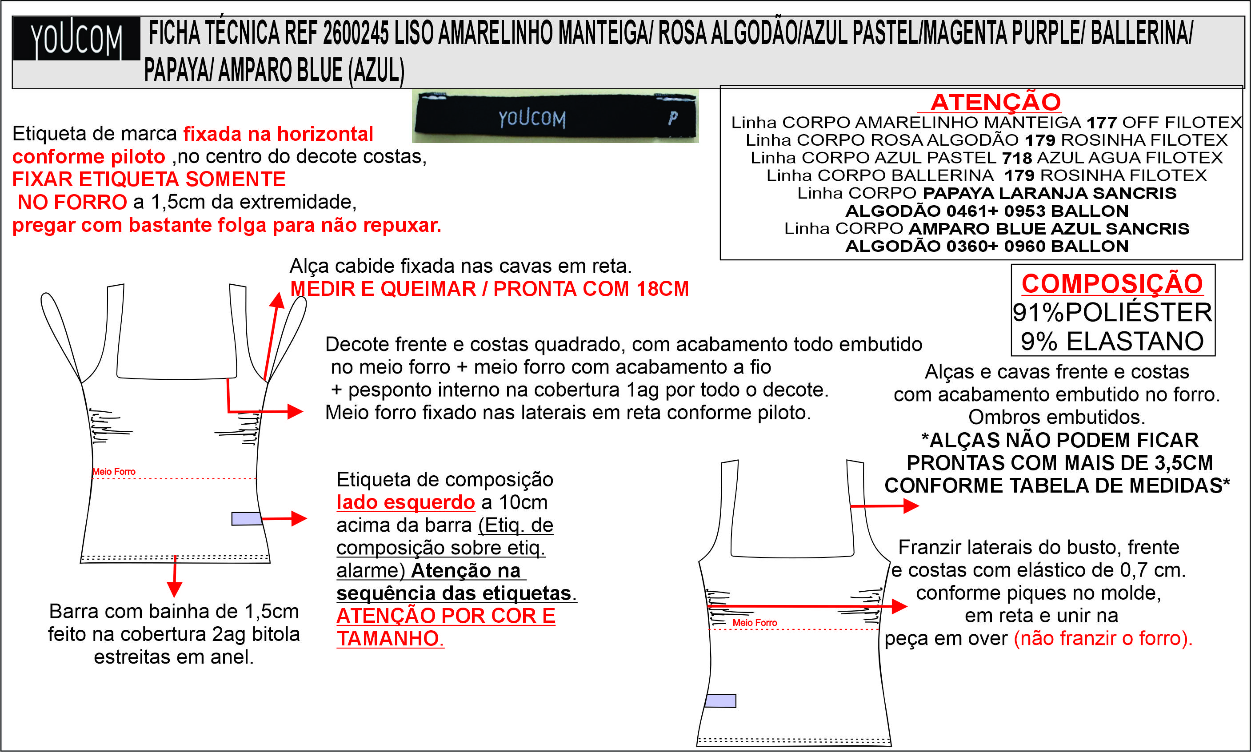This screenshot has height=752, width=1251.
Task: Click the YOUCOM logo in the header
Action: point(76,39)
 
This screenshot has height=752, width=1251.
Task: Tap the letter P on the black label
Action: point(673,118)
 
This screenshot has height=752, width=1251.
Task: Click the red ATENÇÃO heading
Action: point(995,102)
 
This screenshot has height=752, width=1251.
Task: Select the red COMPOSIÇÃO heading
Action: point(1112,283)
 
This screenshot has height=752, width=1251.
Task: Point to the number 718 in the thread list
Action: point(1017,158)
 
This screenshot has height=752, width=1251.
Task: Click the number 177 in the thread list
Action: point(1102,123)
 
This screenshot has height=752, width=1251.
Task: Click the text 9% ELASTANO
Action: point(1112,341)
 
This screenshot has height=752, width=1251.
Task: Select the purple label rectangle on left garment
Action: point(247,518)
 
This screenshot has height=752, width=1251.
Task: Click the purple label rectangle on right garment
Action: point(720,701)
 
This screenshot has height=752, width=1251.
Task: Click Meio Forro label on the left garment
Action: point(114,471)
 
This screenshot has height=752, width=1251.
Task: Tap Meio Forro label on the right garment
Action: point(755,622)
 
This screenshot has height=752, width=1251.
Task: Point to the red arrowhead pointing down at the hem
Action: point(174,589)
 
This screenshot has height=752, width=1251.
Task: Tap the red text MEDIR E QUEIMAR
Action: point(383,289)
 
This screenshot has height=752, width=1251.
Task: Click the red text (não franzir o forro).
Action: point(1103,638)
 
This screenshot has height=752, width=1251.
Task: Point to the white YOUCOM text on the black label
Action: point(532,119)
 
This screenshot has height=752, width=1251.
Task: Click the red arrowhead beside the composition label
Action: point(299,518)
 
